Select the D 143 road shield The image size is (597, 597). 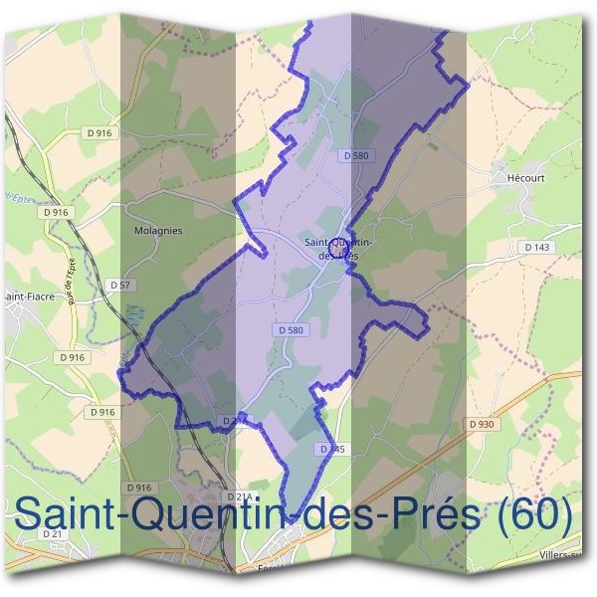[536, 246]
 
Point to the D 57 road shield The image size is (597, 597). [119, 285]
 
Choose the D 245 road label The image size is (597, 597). [332, 450]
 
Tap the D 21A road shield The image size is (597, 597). [240, 496]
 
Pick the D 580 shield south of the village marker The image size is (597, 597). [289, 329]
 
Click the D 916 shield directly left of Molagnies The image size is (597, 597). [56, 212]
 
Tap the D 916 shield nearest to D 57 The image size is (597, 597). [74, 356]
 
